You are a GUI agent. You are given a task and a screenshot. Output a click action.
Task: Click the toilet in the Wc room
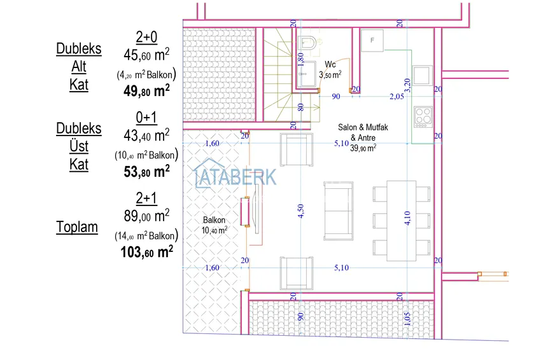click(309, 45)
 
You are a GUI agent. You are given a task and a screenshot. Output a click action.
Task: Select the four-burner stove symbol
click(423, 116)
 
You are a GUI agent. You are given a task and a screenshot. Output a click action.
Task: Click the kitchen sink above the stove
click(422, 74)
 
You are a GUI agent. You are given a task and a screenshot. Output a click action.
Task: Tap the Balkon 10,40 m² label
click(214, 225)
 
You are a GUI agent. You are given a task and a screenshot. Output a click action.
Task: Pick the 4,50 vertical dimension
click(301, 211)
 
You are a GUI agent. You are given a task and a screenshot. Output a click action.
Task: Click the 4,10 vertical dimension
click(407, 218)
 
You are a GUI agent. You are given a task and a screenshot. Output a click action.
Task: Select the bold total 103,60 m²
click(146, 253)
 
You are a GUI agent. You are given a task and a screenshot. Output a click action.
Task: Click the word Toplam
click(77, 227)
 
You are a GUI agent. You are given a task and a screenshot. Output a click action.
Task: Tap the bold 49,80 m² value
click(146, 90)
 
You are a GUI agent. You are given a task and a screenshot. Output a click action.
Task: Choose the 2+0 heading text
click(147, 38)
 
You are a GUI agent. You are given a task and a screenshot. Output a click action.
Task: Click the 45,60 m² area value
click(146, 55)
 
